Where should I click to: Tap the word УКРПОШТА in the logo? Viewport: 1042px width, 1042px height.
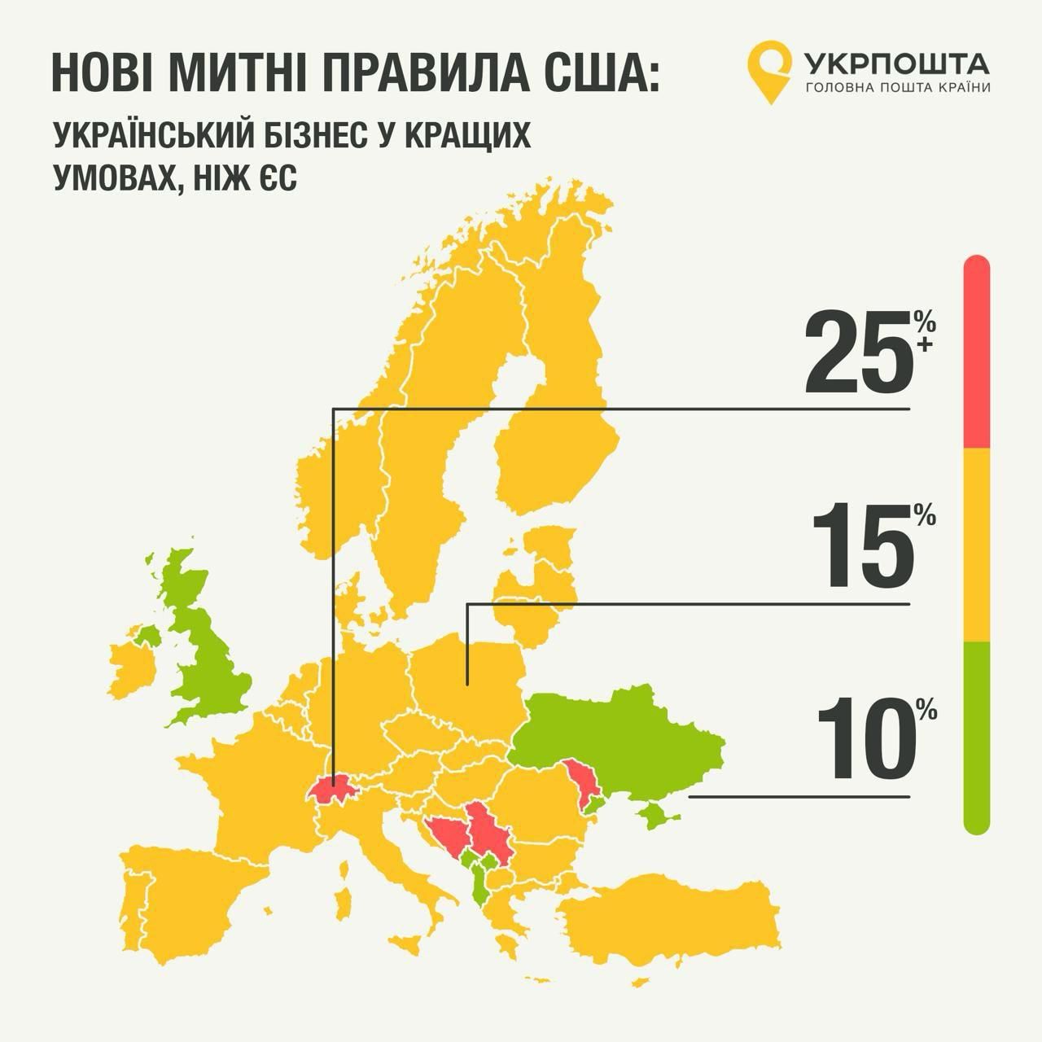click(x=895, y=62)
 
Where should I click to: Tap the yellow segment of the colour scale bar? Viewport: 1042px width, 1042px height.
click(x=976, y=545)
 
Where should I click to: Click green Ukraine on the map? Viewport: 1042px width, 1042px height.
click(x=627, y=733)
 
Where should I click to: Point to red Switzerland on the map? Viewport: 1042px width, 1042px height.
click(x=334, y=790)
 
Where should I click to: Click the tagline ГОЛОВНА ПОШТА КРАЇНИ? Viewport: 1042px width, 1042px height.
click(x=897, y=88)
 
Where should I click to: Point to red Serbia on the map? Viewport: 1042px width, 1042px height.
click(x=488, y=834)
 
